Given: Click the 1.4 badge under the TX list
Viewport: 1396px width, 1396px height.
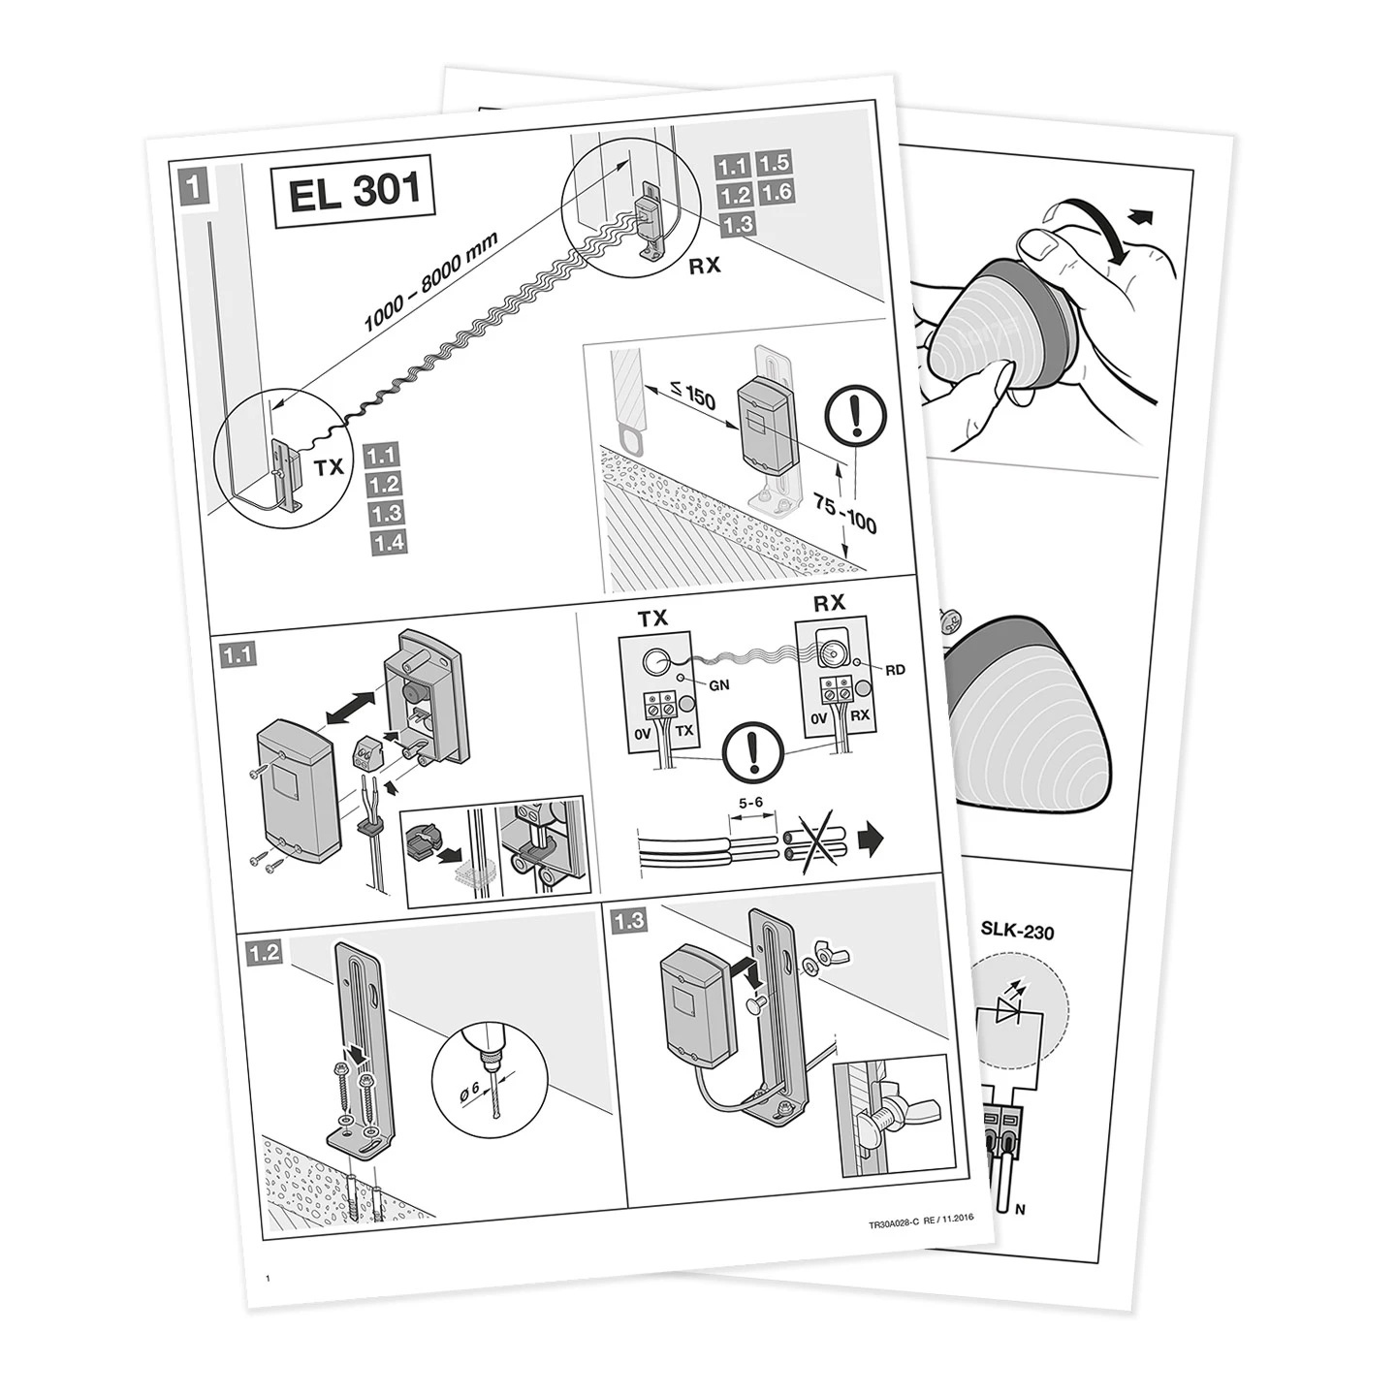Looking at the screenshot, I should tap(388, 542).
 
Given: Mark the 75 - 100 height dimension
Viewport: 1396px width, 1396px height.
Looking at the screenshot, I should tap(844, 512).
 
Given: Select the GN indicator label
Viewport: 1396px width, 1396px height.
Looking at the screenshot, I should tap(719, 685).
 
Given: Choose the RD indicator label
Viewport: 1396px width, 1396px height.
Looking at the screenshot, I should tap(895, 669).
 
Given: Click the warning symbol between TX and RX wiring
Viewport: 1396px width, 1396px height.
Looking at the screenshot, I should tap(753, 752).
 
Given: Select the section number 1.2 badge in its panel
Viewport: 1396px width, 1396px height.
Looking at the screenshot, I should tap(264, 953).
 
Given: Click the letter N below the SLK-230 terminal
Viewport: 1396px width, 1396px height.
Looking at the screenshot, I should tap(1021, 1210).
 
